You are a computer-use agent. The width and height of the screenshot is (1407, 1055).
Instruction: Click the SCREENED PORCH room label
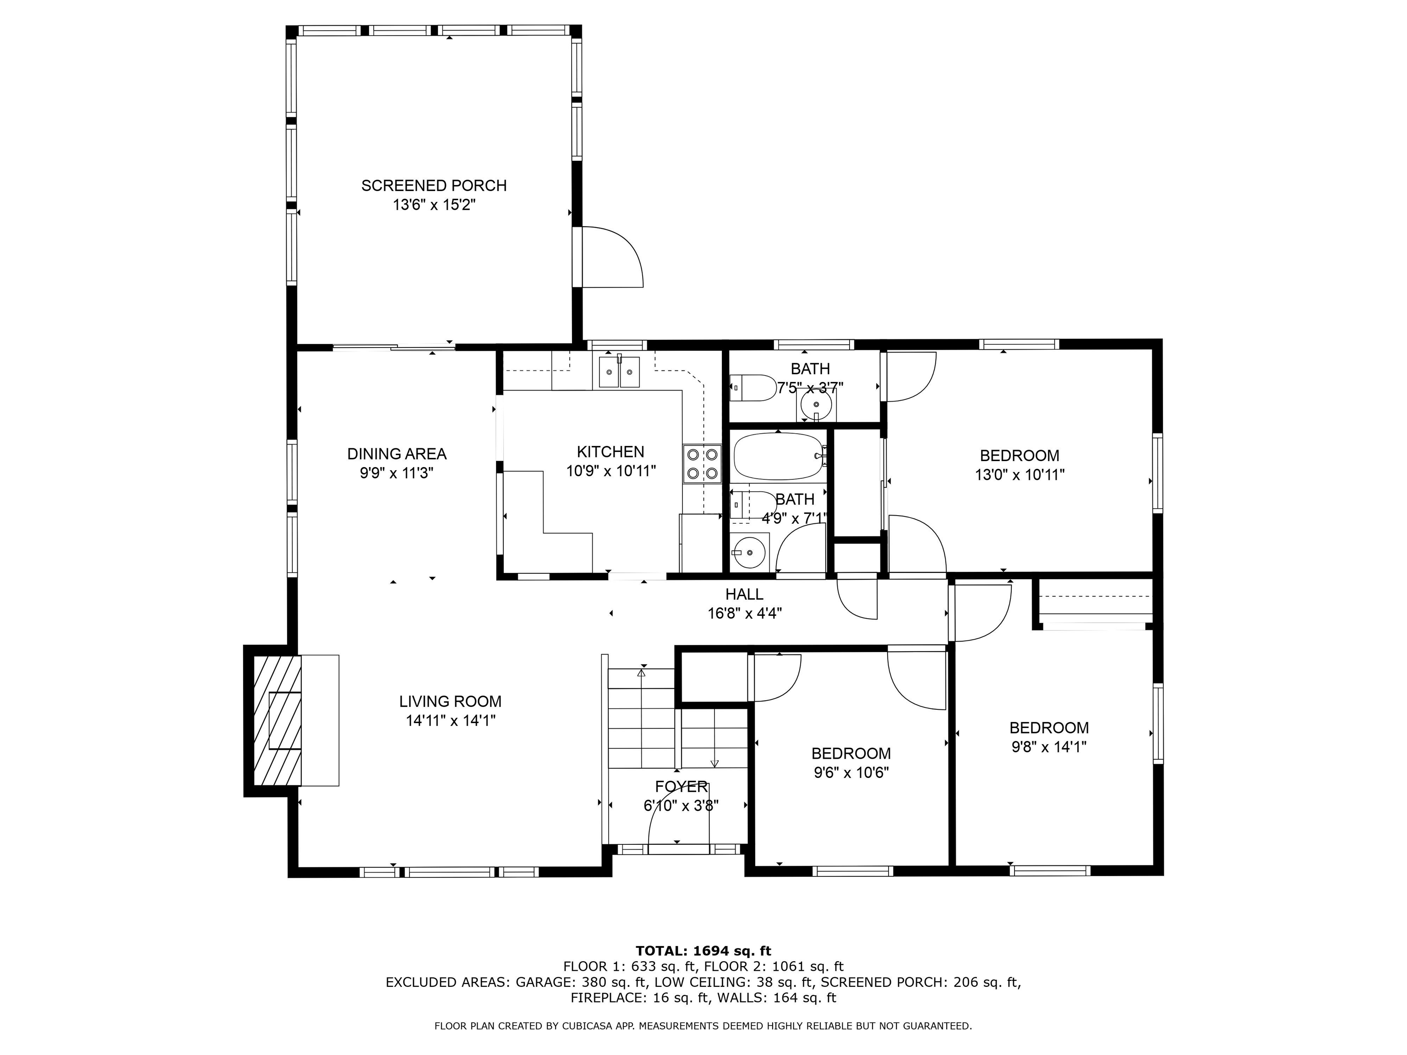click(434, 186)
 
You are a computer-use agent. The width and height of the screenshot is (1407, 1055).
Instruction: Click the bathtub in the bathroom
click(779, 457)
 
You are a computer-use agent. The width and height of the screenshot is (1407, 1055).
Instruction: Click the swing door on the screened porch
click(612, 257)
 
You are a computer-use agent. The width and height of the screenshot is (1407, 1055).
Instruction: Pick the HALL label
click(744, 594)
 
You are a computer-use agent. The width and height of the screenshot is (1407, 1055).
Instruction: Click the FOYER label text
click(681, 787)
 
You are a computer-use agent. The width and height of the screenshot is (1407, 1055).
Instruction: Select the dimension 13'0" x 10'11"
click(1019, 474)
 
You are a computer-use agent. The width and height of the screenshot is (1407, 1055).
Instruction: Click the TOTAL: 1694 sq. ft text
click(703, 951)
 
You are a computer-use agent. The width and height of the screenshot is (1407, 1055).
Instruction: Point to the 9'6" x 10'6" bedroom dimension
click(851, 772)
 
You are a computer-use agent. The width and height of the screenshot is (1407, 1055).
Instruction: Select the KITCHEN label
click(610, 451)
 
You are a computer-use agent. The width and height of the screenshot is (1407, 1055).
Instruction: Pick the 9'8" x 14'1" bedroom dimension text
click(1048, 746)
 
